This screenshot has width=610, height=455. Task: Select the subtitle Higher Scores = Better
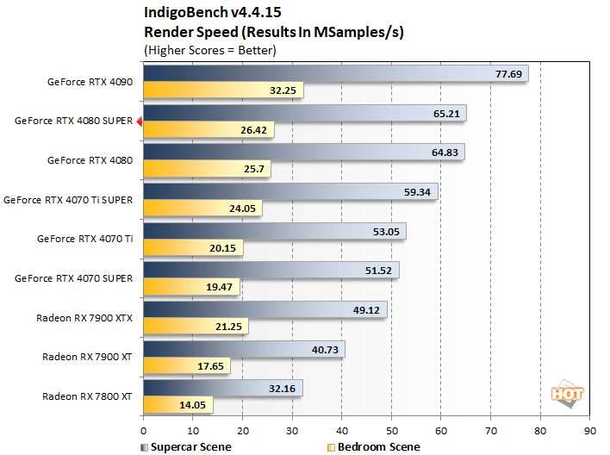(209, 50)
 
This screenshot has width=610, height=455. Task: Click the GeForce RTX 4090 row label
(90, 83)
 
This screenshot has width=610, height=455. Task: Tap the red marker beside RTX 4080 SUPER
(139, 122)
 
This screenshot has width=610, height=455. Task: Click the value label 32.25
(283, 90)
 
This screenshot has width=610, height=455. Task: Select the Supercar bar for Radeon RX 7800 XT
(222, 389)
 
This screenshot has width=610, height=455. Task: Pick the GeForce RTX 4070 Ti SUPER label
(69, 200)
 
